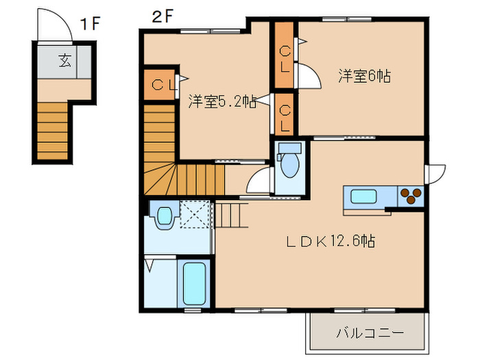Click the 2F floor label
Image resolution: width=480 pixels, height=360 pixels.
pos(163,16)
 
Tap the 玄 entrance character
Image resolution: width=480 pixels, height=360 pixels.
pos(65,60)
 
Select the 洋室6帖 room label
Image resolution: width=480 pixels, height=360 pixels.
pos(364,76)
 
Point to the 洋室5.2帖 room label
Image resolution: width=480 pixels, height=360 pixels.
pos(222,101)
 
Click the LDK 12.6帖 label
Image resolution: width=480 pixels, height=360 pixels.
pos(331,241)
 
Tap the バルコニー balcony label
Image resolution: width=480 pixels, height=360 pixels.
pos(370,333)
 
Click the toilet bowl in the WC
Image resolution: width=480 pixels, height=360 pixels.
pos(289,165)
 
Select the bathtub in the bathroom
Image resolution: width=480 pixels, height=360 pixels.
pos(194,283)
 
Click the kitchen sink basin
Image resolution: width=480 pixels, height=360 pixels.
pos(363,196)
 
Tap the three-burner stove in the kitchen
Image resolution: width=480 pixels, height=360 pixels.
pos(411,196)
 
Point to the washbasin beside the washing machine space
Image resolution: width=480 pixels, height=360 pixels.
pos(165,217)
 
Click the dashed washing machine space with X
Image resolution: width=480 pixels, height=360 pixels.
pos(195,214)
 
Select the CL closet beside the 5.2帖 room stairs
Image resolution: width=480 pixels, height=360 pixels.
pos(159,85)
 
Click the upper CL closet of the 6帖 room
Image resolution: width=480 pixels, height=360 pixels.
pos(284,55)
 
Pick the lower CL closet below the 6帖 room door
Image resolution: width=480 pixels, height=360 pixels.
pos(284,115)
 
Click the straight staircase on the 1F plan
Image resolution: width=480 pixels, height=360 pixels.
pos(52,131)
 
